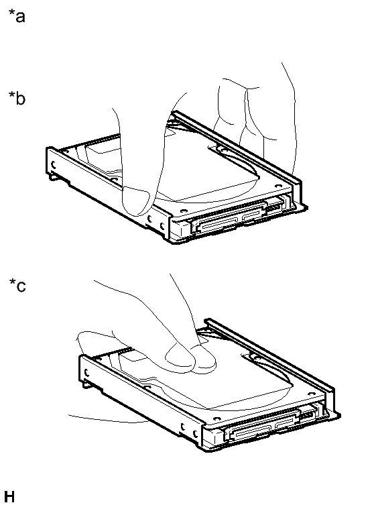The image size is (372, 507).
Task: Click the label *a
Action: tap(17, 16)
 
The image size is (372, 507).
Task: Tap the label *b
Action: tap(17, 98)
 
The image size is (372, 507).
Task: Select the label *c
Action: tap(17, 286)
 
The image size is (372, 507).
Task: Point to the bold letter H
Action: tap(9, 496)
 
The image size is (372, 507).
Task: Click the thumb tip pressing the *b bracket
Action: tap(136, 201)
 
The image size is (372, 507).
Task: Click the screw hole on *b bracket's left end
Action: tap(54, 164)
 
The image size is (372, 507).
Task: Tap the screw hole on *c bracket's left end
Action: tap(86, 372)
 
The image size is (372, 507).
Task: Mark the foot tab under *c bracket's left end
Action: tap(86, 384)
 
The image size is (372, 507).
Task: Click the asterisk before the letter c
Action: tap(12, 282)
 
